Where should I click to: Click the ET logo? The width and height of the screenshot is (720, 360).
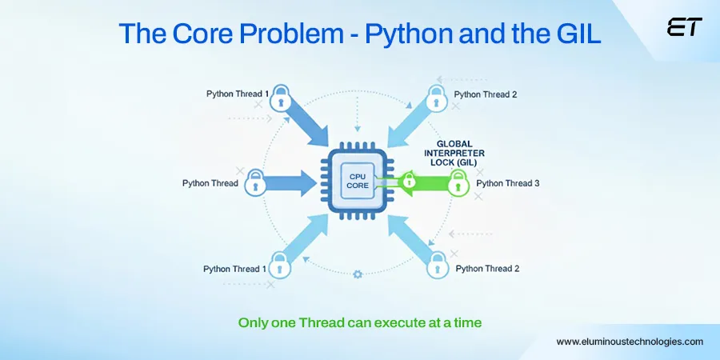[x=684, y=27]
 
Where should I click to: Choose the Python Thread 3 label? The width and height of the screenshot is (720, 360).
[x=507, y=183]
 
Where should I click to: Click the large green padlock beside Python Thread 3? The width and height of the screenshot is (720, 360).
[x=458, y=182]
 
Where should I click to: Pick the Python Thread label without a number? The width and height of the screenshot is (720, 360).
[x=210, y=183]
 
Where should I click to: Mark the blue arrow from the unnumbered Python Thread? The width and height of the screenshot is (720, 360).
[x=292, y=182]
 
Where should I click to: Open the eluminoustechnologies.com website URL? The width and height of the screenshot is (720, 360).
[x=630, y=342]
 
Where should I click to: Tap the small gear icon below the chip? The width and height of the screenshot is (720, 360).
[x=358, y=274]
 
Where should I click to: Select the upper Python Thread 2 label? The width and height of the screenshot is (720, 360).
[x=485, y=94]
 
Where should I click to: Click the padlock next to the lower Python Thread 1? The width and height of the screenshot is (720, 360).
[x=280, y=263]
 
